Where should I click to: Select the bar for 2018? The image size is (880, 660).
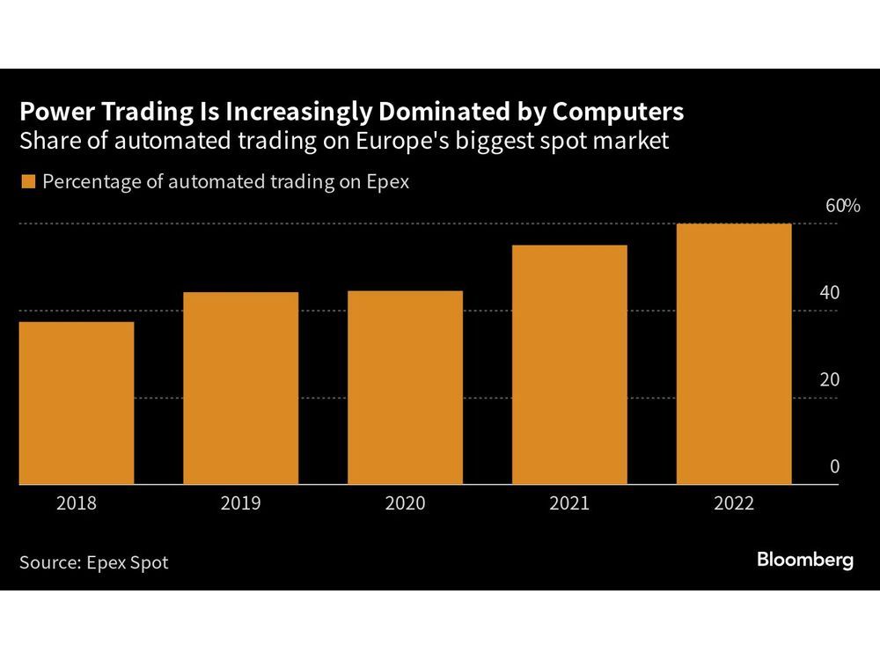pos(77,403)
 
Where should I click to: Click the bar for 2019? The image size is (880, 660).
pos(240,388)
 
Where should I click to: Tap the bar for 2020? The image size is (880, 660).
pos(405,387)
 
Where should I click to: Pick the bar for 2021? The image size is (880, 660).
pos(568,364)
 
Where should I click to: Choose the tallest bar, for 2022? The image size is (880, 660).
pos(733,354)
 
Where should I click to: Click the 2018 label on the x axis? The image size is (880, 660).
pos(77,503)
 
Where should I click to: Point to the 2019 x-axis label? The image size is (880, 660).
pos(240,503)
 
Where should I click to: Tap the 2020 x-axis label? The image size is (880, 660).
pos(405,503)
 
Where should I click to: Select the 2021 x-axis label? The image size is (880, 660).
pos(568,503)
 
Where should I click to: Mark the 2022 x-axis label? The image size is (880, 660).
pos(733,503)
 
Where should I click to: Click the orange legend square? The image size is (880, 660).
pos(26,182)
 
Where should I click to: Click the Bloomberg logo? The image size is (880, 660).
pos(805,560)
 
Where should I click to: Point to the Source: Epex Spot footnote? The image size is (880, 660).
pos(93,561)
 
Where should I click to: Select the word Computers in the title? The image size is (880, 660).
pos(613,113)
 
